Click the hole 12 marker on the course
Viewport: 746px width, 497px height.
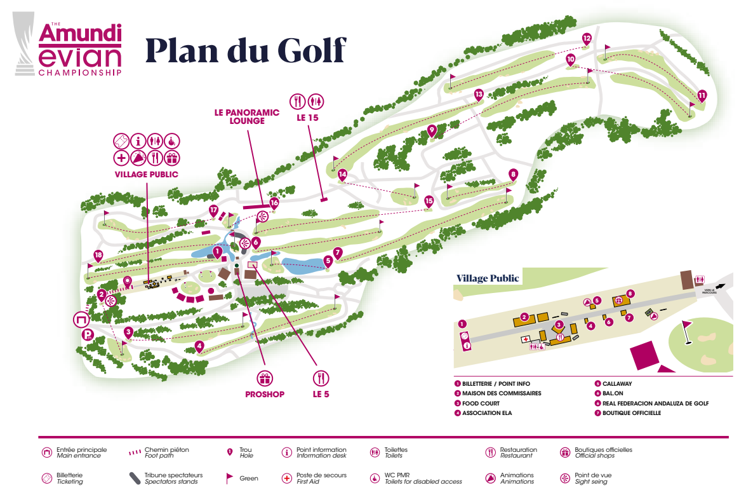(587, 39)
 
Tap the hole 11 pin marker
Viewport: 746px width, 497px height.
(702, 96)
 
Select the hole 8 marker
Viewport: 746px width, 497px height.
(513, 174)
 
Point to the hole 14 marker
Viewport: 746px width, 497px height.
(343, 174)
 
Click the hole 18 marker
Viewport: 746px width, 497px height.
(98, 255)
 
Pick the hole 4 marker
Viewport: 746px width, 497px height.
(199, 346)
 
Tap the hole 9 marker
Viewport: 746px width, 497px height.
(432, 131)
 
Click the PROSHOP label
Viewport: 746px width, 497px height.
(264, 394)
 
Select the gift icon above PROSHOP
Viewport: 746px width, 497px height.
(264, 378)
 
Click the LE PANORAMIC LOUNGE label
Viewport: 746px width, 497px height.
(246, 117)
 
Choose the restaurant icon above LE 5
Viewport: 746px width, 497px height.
(321, 378)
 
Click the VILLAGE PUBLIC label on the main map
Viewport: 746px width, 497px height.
(146, 174)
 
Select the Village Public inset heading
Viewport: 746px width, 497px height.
(488, 278)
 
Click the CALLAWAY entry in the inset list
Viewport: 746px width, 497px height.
(616, 384)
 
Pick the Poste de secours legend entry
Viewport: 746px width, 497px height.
(321, 478)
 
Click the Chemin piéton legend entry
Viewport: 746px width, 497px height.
(166, 453)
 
